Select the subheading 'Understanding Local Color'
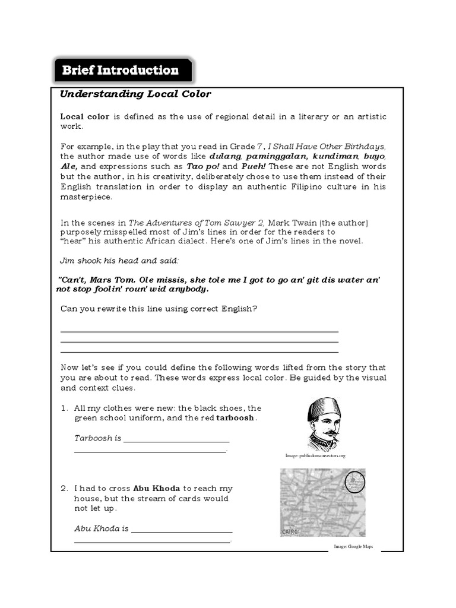[x=135, y=94]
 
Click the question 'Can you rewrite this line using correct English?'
[x=159, y=309]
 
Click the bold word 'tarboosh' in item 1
[x=236, y=418]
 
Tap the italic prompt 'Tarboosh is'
[x=97, y=438]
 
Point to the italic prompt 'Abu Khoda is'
[x=102, y=528]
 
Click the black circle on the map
[x=356, y=480]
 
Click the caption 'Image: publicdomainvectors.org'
[x=315, y=455]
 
